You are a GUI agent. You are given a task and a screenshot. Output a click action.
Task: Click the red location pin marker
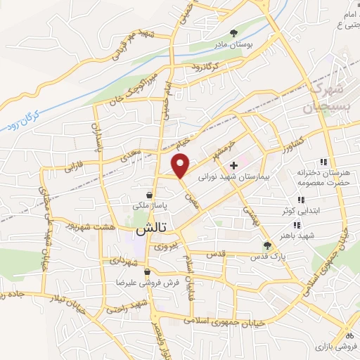181,166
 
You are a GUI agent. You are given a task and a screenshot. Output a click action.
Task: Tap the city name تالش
150,231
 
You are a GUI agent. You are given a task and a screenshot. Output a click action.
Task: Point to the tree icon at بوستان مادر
234,32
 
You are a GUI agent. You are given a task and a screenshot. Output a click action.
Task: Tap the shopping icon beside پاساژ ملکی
149,195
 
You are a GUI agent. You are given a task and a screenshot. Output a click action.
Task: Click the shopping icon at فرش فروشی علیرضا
146,271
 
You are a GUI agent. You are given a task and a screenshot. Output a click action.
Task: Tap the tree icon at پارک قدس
266,245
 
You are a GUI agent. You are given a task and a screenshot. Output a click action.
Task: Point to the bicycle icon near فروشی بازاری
347,335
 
